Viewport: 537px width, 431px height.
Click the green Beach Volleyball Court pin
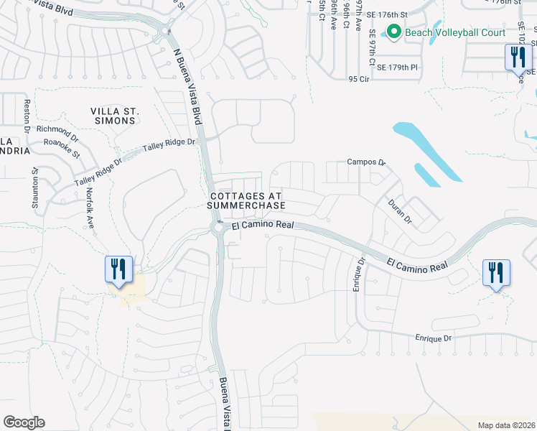pyautogui.click(x=393, y=32)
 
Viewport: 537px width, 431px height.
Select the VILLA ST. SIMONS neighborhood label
pyautogui.click(x=113, y=116)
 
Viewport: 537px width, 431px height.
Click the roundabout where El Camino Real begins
pyautogui.click(x=218, y=228)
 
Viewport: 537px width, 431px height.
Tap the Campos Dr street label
pyautogui.click(x=366, y=162)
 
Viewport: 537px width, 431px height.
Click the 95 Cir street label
pyautogui.click(x=358, y=79)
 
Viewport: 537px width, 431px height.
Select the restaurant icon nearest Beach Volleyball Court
pyautogui.click(x=516, y=56)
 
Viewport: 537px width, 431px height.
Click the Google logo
pyautogui.click(x=24, y=422)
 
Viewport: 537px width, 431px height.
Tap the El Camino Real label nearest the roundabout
pyautogui.click(x=263, y=226)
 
